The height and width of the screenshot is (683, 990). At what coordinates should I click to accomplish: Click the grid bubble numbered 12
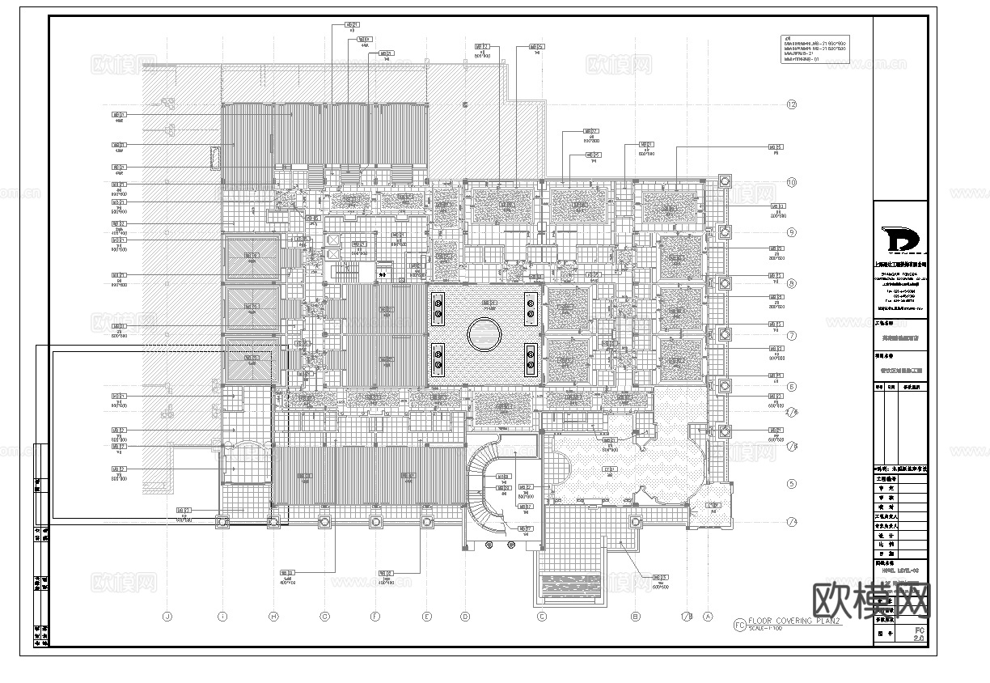point(792,104)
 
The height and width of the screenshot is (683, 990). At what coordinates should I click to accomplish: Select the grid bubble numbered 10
point(792,182)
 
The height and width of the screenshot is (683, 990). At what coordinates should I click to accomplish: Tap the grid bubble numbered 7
point(792,335)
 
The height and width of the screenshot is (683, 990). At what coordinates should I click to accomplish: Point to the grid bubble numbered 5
point(792,484)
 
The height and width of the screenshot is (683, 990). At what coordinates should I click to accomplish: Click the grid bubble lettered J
point(167,617)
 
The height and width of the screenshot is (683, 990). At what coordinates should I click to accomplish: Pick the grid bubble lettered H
point(273,617)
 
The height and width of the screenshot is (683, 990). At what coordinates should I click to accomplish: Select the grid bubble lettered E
point(426,617)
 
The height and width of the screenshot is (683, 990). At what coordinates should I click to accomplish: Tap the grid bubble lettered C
point(542,617)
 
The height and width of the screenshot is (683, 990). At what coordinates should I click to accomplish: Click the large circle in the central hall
point(484,333)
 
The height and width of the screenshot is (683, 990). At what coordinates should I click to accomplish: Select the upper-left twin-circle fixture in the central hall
point(438,305)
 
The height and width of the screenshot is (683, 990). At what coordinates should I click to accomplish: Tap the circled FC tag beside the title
point(738,624)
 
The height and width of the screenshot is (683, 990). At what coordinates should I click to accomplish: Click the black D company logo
point(900,240)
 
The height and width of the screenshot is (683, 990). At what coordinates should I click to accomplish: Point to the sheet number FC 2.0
point(918,634)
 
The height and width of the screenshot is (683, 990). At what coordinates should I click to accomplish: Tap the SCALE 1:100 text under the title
point(773,630)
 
